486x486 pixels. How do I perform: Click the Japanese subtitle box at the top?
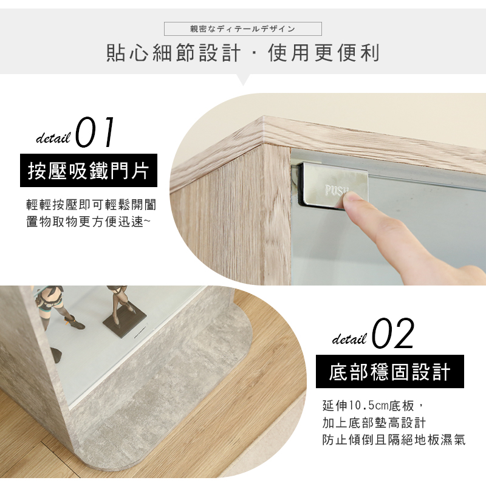[242, 29]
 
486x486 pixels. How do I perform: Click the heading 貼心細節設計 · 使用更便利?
[243, 53]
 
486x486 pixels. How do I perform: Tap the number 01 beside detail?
[95, 132]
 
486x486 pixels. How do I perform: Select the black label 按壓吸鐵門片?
[89, 170]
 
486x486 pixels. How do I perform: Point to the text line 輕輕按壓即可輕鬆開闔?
[92, 205]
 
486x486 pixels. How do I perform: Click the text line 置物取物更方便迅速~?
[89, 222]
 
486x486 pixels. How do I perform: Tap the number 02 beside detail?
[392, 334]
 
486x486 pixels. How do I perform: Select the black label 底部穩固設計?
[390, 371]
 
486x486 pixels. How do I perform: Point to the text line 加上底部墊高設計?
[374, 422]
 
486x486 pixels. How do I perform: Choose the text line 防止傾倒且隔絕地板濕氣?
[394, 439]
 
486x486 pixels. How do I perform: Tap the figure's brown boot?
[75, 323]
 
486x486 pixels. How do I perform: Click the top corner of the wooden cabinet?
[263, 118]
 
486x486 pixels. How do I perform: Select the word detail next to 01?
[53, 138]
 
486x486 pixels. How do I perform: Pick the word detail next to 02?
[349, 339]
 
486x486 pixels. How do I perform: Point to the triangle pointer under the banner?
[244, 80]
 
